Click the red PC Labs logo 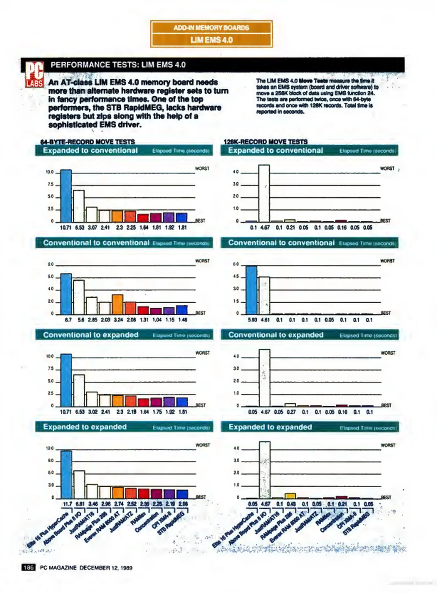pyautogui.click(x=34, y=74)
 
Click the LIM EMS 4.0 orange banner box pyautogui.click(x=211, y=40)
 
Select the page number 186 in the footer pyautogui.click(x=28, y=567)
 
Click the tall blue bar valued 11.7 pyautogui.click(x=66, y=475)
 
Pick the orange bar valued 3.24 pyautogui.click(x=117, y=304)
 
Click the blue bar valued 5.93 pyautogui.click(x=251, y=290)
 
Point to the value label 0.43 pyautogui.click(x=291, y=504)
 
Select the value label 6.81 pyautogui.click(x=80, y=504)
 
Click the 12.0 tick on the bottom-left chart pyautogui.click(x=50, y=449)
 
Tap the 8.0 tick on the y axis pyautogui.click(x=51, y=265)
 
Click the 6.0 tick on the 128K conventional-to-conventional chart pyautogui.click(x=236, y=265)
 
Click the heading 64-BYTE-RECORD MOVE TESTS pyautogui.click(x=87, y=142)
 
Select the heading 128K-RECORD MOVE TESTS pyautogui.click(x=265, y=142)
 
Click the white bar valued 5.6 pyautogui.click(x=79, y=297)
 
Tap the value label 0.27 pyautogui.click(x=291, y=412)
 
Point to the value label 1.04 pyautogui.click(x=157, y=320)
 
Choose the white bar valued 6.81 pyautogui.click(x=79, y=485)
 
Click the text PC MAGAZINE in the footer pyautogui.click(x=58, y=568)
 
